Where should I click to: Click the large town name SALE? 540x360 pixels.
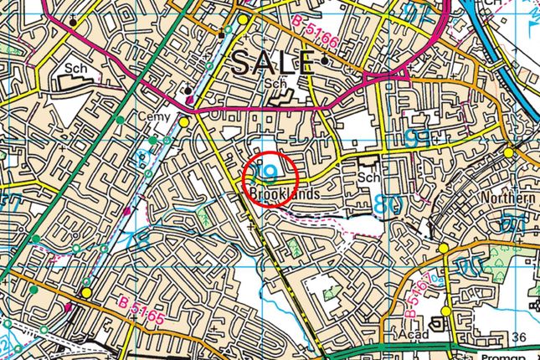[273, 61]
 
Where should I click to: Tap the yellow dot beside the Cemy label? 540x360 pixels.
[183, 121]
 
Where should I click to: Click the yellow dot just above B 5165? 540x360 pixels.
[87, 293]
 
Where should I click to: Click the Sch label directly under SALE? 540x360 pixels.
[274, 85]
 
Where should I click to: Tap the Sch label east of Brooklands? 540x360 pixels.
[368, 178]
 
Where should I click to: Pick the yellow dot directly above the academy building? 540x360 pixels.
[445, 311]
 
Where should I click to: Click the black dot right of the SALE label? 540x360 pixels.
[324, 61]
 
